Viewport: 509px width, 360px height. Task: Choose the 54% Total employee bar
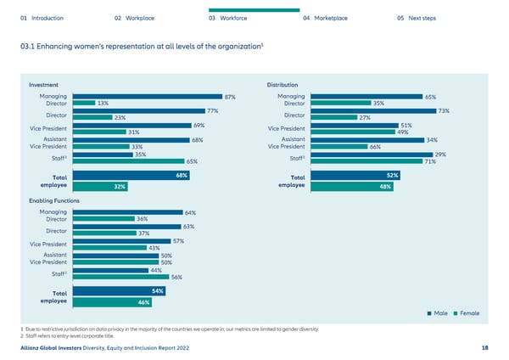point(120,291)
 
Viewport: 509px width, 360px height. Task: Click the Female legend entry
point(467,314)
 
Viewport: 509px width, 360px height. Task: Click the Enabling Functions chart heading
point(54,200)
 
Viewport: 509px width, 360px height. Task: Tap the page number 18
point(484,347)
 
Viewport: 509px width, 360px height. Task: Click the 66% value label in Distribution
point(374,147)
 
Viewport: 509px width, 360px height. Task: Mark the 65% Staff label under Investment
point(192,161)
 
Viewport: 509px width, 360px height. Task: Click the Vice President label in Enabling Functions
point(48,245)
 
